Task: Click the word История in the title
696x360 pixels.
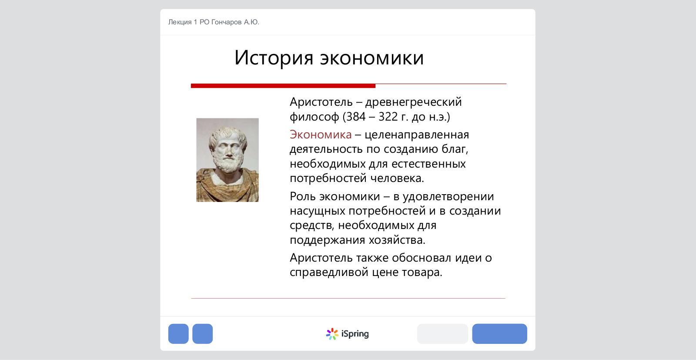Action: [x=274, y=57]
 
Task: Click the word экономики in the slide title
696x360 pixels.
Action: [x=372, y=58]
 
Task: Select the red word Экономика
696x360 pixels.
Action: [x=321, y=135]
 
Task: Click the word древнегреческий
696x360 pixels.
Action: [x=414, y=102]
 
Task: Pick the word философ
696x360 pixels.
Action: [x=315, y=117]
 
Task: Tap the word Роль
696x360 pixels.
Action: [x=302, y=196]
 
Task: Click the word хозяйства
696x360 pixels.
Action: [x=397, y=240]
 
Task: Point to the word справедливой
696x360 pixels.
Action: [x=329, y=273]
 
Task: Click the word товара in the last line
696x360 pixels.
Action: [x=422, y=273]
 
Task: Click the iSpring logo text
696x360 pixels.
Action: [x=355, y=334]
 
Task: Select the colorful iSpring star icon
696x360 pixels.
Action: [x=332, y=334]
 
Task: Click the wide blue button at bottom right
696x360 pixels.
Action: [x=500, y=334]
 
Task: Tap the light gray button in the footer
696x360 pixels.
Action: [x=442, y=334]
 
